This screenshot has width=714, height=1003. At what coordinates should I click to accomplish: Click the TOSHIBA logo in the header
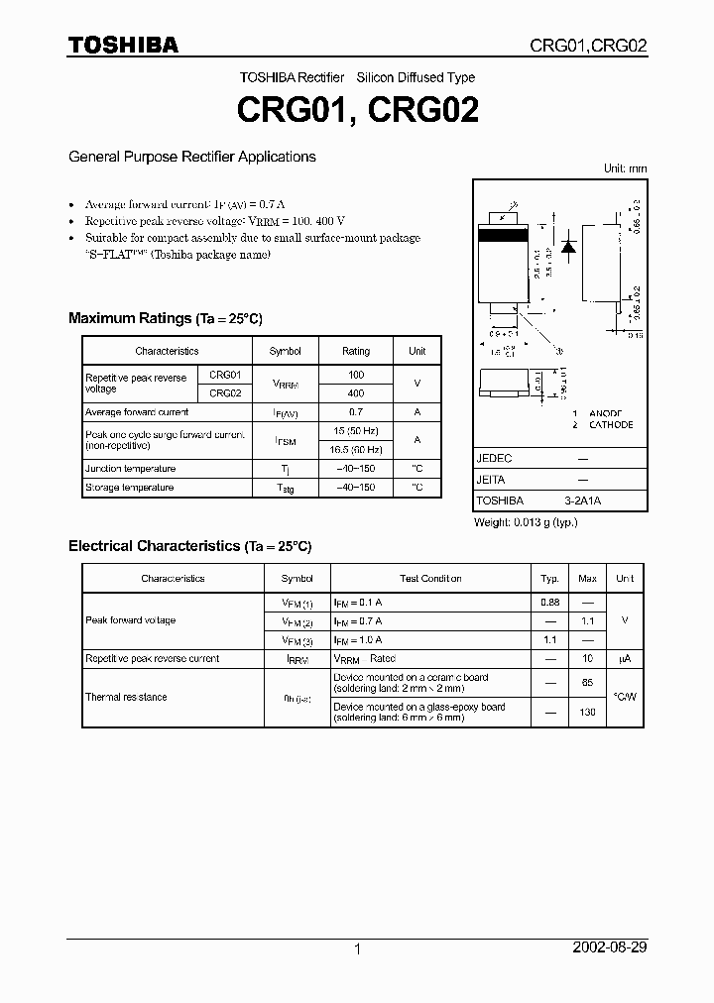pyautogui.click(x=123, y=45)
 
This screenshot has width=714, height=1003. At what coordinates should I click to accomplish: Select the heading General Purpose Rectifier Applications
pyautogui.click(x=191, y=157)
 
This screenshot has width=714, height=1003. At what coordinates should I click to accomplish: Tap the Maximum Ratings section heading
pyautogui.click(x=165, y=318)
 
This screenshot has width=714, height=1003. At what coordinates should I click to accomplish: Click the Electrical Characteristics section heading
pyautogui.click(x=189, y=546)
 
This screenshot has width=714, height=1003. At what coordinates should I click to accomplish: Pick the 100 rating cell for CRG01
pyautogui.click(x=356, y=375)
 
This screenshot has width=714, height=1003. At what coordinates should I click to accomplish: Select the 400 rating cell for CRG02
pyautogui.click(x=356, y=393)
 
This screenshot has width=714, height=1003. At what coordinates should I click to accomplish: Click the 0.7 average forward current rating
pyautogui.click(x=356, y=411)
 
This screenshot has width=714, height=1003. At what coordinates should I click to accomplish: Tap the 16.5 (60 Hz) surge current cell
pyautogui.click(x=356, y=449)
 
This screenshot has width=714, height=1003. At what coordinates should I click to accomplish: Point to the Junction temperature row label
pyautogui.click(x=130, y=469)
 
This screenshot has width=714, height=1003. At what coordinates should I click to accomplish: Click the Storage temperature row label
pyautogui.click(x=129, y=488)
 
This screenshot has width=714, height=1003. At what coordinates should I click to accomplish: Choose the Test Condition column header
pyautogui.click(x=430, y=579)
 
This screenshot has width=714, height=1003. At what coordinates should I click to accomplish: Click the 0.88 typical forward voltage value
pyautogui.click(x=549, y=602)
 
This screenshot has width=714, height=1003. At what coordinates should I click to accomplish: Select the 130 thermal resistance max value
pyautogui.click(x=587, y=713)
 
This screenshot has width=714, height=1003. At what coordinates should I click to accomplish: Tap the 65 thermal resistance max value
pyautogui.click(x=587, y=684)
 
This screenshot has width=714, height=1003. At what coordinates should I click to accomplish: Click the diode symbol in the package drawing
pyautogui.click(x=568, y=247)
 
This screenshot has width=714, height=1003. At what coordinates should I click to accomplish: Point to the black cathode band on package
pyautogui.click(x=509, y=236)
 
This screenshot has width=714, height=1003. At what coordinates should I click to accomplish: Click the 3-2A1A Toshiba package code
pyautogui.click(x=582, y=501)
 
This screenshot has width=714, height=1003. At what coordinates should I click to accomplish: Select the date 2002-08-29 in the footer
pyautogui.click(x=610, y=947)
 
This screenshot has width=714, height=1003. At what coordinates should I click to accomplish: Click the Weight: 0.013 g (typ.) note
pyautogui.click(x=526, y=522)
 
